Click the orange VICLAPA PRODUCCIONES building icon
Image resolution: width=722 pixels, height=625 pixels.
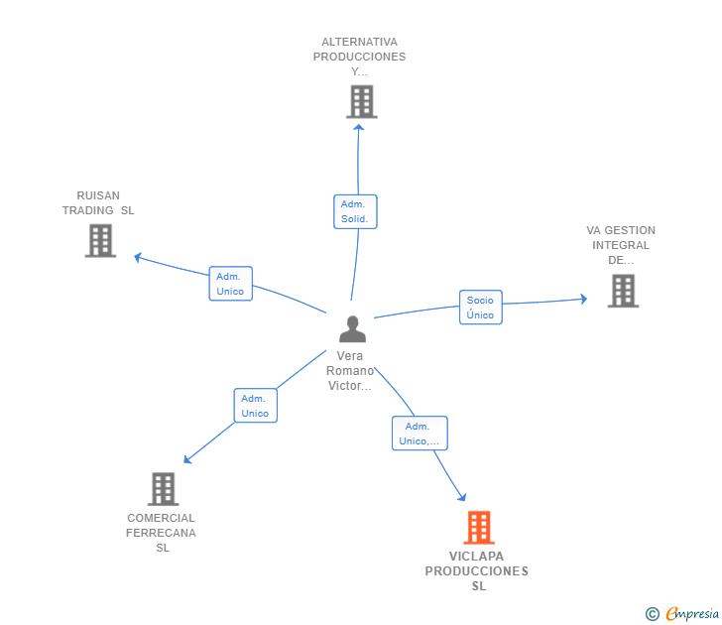coord(479,528)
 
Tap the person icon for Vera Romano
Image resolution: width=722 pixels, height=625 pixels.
coord(352,328)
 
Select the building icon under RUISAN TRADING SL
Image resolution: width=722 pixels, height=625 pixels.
coord(100,240)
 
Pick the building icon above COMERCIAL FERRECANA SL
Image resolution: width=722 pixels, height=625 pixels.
coord(163,489)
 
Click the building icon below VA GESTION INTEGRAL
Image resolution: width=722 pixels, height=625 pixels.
coord(623,291)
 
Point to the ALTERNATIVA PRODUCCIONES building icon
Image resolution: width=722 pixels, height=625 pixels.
coord(362,101)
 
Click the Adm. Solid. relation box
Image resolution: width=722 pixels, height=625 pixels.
coord(355,211)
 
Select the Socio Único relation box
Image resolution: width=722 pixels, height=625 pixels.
coord(481,308)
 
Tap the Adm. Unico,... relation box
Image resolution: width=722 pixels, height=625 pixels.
coord(420,434)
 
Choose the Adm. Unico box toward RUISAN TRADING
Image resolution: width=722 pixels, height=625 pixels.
coord(231,284)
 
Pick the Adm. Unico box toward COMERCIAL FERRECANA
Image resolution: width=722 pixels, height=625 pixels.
coord(256,406)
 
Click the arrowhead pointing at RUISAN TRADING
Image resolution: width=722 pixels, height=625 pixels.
coord(137,257)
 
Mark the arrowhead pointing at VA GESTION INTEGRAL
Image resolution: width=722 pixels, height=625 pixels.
coord(583,299)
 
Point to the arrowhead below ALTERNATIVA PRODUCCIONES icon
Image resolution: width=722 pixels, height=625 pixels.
coord(359,128)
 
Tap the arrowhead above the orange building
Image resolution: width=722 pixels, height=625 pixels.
coord(462,497)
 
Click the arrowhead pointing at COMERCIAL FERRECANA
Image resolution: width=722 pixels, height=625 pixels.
coord(186,459)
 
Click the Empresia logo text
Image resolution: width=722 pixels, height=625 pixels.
coord(692,613)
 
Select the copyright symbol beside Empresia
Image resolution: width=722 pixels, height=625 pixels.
coord(652,614)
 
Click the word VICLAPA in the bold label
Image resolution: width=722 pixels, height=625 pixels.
coord(477,557)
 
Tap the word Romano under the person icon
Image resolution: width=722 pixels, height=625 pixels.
coord(350,371)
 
